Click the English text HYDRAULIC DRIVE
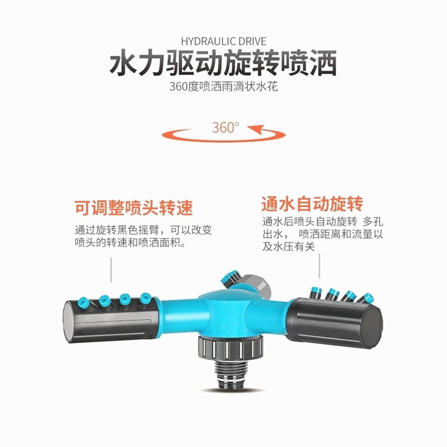223,41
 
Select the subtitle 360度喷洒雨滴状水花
223,88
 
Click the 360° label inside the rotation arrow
225,127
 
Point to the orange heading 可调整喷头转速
134,208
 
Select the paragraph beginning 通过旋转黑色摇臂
143,237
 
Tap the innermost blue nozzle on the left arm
146,298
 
